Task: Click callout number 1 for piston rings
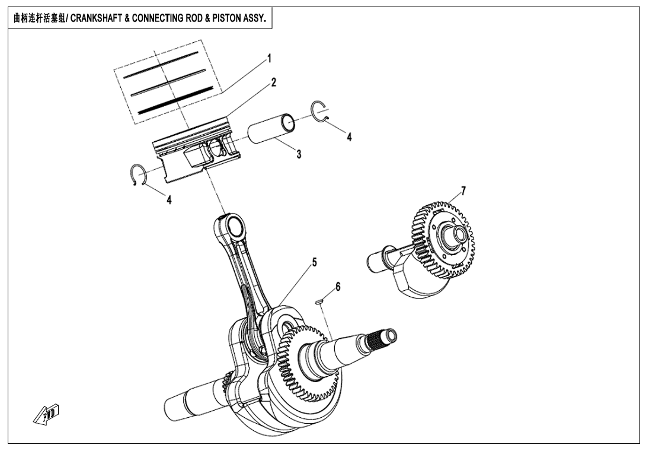coord(269,59)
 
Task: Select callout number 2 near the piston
coord(274,83)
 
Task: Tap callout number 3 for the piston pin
coord(299,154)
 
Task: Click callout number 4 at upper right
coord(350,137)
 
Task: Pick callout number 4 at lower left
coord(170,201)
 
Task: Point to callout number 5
coord(315,262)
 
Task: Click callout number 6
coord(338,287)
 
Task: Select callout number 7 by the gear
coord(463,190)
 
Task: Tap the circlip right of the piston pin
coord(319,112)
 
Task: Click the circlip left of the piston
coord(137,176)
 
